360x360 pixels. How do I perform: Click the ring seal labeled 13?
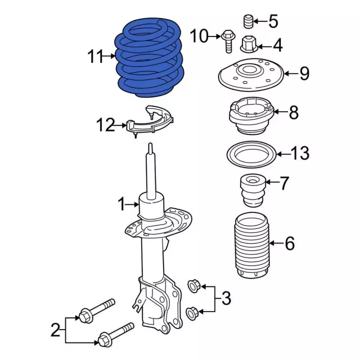250,153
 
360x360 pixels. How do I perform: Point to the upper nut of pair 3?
192,287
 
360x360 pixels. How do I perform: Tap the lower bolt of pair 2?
116,334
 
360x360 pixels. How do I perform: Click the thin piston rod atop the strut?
151,169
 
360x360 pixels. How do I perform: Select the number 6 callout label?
290,244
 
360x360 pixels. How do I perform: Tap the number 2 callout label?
55,330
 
